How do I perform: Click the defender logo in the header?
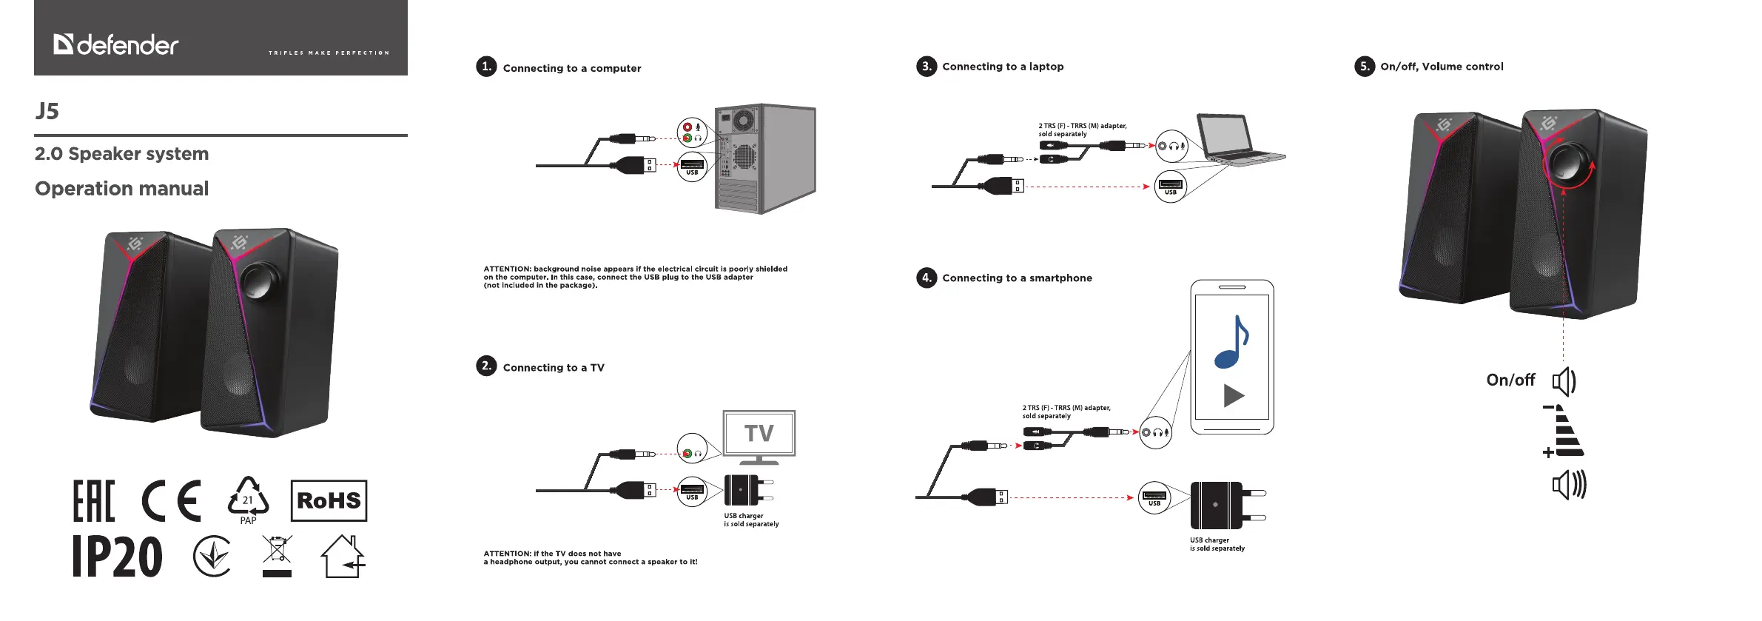[116, 45]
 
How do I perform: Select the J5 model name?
[47, 111]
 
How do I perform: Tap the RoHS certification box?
[329, 500]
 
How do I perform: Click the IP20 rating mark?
[118, 557]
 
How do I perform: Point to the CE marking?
[172, 501]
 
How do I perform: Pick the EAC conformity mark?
[94, 501]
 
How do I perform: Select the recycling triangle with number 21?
[248, 499]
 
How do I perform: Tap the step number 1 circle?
[486, 67]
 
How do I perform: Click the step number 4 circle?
[926, 278]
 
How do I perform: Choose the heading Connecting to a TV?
[554, 368]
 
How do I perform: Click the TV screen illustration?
[759, 434]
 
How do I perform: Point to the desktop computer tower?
[765, 158]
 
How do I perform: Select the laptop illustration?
[1236, 138]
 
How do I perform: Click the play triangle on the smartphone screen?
[1233, 396]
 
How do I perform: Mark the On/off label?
[1510, 380]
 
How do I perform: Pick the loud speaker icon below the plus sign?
[1568, 486]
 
